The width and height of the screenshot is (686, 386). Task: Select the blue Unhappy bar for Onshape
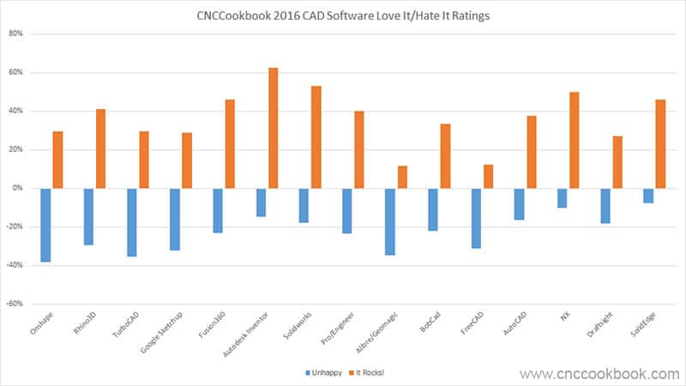45,225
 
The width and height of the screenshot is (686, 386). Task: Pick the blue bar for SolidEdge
648,196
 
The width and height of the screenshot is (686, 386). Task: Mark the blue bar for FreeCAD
476,218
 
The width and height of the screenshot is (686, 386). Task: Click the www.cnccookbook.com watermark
599,373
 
